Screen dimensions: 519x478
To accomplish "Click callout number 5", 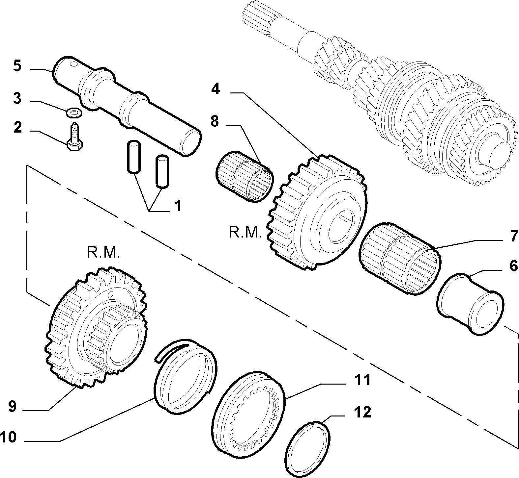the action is (17, 66).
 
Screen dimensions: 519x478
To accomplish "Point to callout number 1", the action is (178, 206).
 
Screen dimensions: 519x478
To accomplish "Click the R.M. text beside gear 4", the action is (245, 233).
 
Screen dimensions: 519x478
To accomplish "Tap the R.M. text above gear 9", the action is (103, 253).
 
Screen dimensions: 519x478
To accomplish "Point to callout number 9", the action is (12, 407).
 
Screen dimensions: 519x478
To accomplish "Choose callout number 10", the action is (8, 438).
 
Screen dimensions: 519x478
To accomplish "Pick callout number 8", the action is (215, 121).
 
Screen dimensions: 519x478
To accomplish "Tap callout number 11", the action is (362, 380).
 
